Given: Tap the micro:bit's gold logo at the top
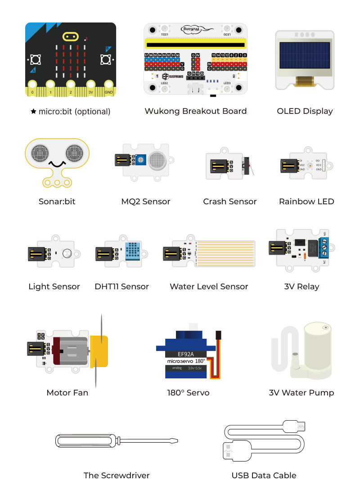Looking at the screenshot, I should (x=70, y=36).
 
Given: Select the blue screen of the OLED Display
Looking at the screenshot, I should (x=305, y=58).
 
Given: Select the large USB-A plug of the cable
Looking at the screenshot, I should (x=234, y=450).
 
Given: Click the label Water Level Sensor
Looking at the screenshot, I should (x=209, y=287).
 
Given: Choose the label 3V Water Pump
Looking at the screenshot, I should (x=301, y=393).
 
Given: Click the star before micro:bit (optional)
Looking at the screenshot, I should (x=33, y=112).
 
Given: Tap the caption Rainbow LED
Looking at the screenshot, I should (x=306, y=202).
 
